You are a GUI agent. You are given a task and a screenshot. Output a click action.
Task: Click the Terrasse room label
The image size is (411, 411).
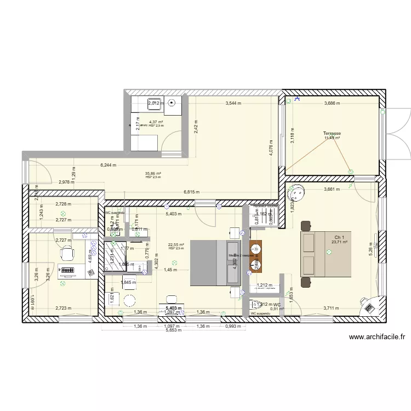pyautogui.click(x=332, y=133)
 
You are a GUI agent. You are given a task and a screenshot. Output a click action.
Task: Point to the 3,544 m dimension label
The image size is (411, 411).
pyautogui.click(x=235, y=103)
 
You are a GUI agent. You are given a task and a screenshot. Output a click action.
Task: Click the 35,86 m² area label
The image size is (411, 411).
pyautogui.click(x=153, y=173)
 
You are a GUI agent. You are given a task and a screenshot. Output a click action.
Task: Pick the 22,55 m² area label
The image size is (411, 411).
pyautogui.click(x=176, y=244)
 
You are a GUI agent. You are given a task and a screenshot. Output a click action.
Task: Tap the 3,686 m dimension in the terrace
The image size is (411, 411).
pyautogui.click(x=332, y=103)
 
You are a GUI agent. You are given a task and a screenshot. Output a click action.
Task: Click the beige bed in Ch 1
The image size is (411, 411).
pyautogui.click(x=326, y=253)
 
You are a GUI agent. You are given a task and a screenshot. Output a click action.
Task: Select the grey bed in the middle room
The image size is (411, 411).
pyautogui.click(x=215, y=262)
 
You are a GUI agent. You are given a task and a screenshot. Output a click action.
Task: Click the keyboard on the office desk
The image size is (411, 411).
pyautogui.click(x=68, y=270)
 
